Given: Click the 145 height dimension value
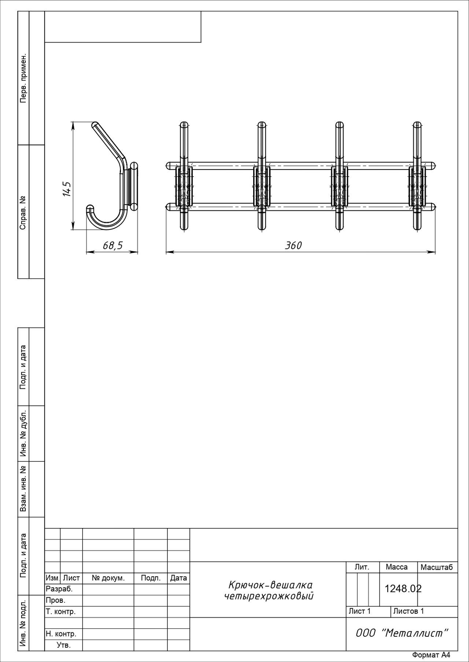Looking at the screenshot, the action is pyautogui.click(x=66, y=189).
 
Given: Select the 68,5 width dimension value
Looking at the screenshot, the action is pyautogui.click(x=112, y=245).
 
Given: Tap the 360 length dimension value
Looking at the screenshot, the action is pyautogui.click(x=293, y=245).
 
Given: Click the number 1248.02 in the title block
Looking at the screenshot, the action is pyautogui.click(x=403, y=588).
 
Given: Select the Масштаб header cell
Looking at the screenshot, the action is pyautogui.click(x=437, y=567).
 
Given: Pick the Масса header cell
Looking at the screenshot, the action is pyautogui.click(x=396, y=567).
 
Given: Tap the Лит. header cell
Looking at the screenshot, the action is pyautogui.click(x=362, y=567).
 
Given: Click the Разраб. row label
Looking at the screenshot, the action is pyautogui.click(x=59, y=589).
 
